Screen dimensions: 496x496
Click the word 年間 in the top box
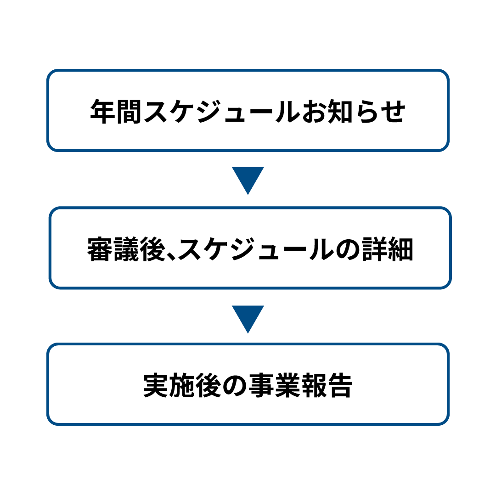pos(116,111)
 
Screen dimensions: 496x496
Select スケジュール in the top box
pos(222,111)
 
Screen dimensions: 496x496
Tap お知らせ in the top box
pos(354,111)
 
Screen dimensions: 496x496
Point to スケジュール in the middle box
pos(256,249)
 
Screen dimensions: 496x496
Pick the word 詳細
pos(388,249)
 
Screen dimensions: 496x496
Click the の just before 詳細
pos(348,250)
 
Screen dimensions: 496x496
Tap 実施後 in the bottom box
pos(182,385)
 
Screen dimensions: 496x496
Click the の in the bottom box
pos(235,386)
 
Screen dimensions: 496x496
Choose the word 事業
pos(274,385)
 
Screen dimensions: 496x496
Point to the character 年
pos(103,111)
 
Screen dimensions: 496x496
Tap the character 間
pos(129,111)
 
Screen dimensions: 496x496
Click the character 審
pos(100,249)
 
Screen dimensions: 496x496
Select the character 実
pos(156,385)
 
